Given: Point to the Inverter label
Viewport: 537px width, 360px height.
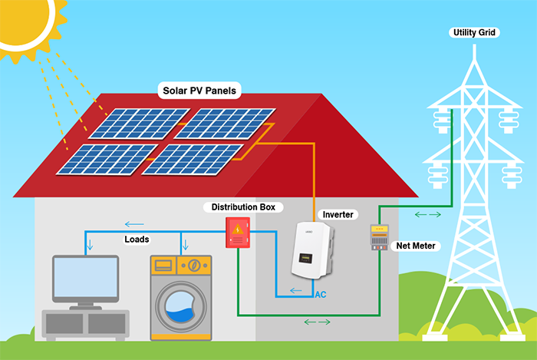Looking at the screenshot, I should point(338,214).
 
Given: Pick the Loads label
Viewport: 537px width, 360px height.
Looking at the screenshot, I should point(137,239).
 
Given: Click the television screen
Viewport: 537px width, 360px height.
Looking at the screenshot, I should point(85,279).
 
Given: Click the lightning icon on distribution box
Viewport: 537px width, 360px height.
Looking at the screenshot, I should point(239,228).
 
